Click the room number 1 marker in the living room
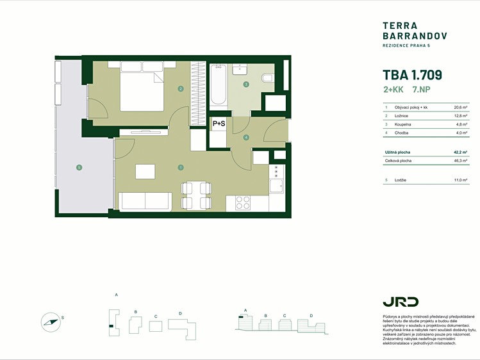point(181,167)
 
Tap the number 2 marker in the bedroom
point(181,89)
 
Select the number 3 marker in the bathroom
point(246,85)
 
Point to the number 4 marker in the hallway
point(246,138)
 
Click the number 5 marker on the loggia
point(79,167)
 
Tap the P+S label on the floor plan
point(219,124)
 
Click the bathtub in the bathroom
point(219,85)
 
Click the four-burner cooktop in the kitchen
point(243,203)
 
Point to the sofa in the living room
point(145,202)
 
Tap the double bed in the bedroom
point(142,86)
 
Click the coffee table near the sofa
point(145,172)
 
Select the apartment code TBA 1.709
point(412,75)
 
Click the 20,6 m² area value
point(460,108)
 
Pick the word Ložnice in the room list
point(401,116)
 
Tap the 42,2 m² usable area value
point(460,152)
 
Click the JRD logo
point(401,302)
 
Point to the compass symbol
point(51,322)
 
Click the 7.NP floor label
point(421,90)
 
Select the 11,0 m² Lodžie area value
point(461,180)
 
